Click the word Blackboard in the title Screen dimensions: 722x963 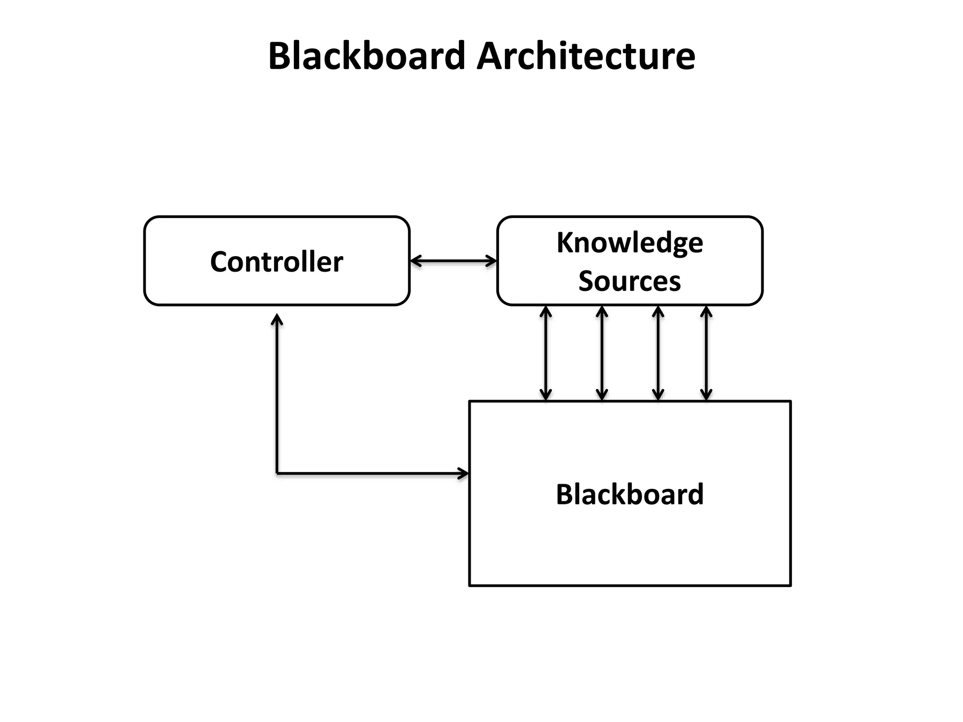click(x=367, y=56)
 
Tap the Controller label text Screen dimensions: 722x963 click(x=276, y=262)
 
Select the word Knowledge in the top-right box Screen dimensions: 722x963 click(x=630, y=243)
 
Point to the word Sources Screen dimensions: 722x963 click(x=630, y=281)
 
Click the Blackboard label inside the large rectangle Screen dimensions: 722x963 click(x=630, y=494)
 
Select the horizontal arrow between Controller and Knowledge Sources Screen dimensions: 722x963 click(x=453, y=261)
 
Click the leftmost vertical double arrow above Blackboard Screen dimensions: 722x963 click(x=545, y=353)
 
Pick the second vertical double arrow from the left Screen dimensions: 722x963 click(x=602, y=353)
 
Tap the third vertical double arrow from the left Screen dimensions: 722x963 click(x=658, y=353)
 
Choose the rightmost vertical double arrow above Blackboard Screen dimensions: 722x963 click(x=706, y=353)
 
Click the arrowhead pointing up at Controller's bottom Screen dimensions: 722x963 click(x=277, y=320)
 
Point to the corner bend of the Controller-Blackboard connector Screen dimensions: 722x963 click(x=277, y=473)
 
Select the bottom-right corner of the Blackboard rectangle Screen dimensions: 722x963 click(x=790, y=585)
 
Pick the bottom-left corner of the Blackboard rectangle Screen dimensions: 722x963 click(x=470, y=585)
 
